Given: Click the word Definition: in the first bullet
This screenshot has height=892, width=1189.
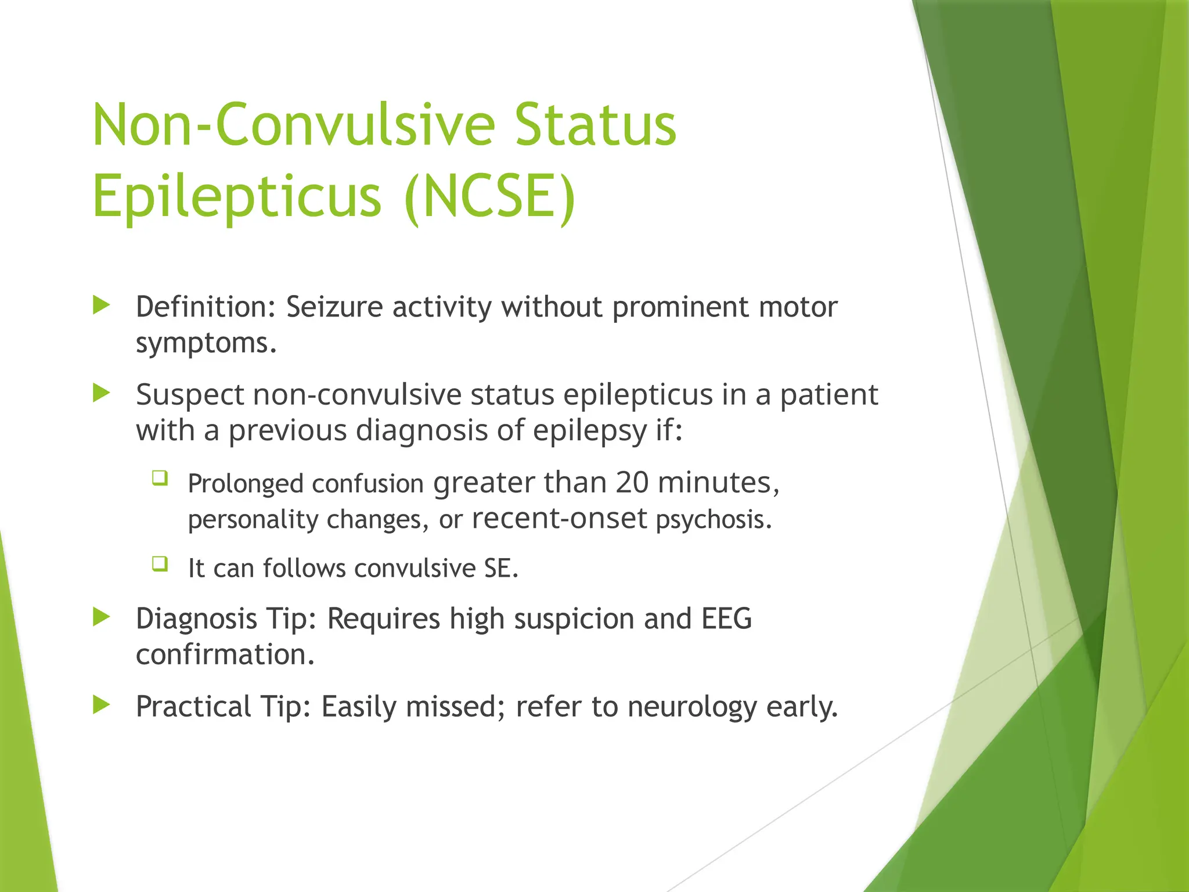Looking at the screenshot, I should pyautogui.click(x=206, y=307).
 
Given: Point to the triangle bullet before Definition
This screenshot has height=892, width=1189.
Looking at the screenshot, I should pyautogui.click(x=102, y=305).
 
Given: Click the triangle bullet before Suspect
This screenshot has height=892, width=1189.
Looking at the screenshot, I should pyautogui.click(x=102, y=393).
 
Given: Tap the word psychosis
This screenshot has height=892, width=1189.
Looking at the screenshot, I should pyautogui.click(x=714, y=519).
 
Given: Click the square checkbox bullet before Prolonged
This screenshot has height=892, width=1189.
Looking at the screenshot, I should pyautogui.click(x=160, y=478).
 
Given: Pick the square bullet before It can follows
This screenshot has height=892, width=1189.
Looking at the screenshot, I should pyautogui.click(x=160, y=563).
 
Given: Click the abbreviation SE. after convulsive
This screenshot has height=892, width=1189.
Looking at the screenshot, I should pyautogui.click(x=500, y=568).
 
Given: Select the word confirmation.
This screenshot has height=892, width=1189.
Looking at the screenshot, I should pyautogui.click(x=225, y=654).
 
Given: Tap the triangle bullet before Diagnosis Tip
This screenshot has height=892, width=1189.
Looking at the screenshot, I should pyautogui.click(x=102, y=617).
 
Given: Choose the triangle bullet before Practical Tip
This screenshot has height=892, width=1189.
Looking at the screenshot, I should pyautogui.click(x=102, y=705).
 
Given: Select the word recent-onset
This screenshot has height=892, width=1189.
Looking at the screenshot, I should pyautogui.click(x=559, y=519).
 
